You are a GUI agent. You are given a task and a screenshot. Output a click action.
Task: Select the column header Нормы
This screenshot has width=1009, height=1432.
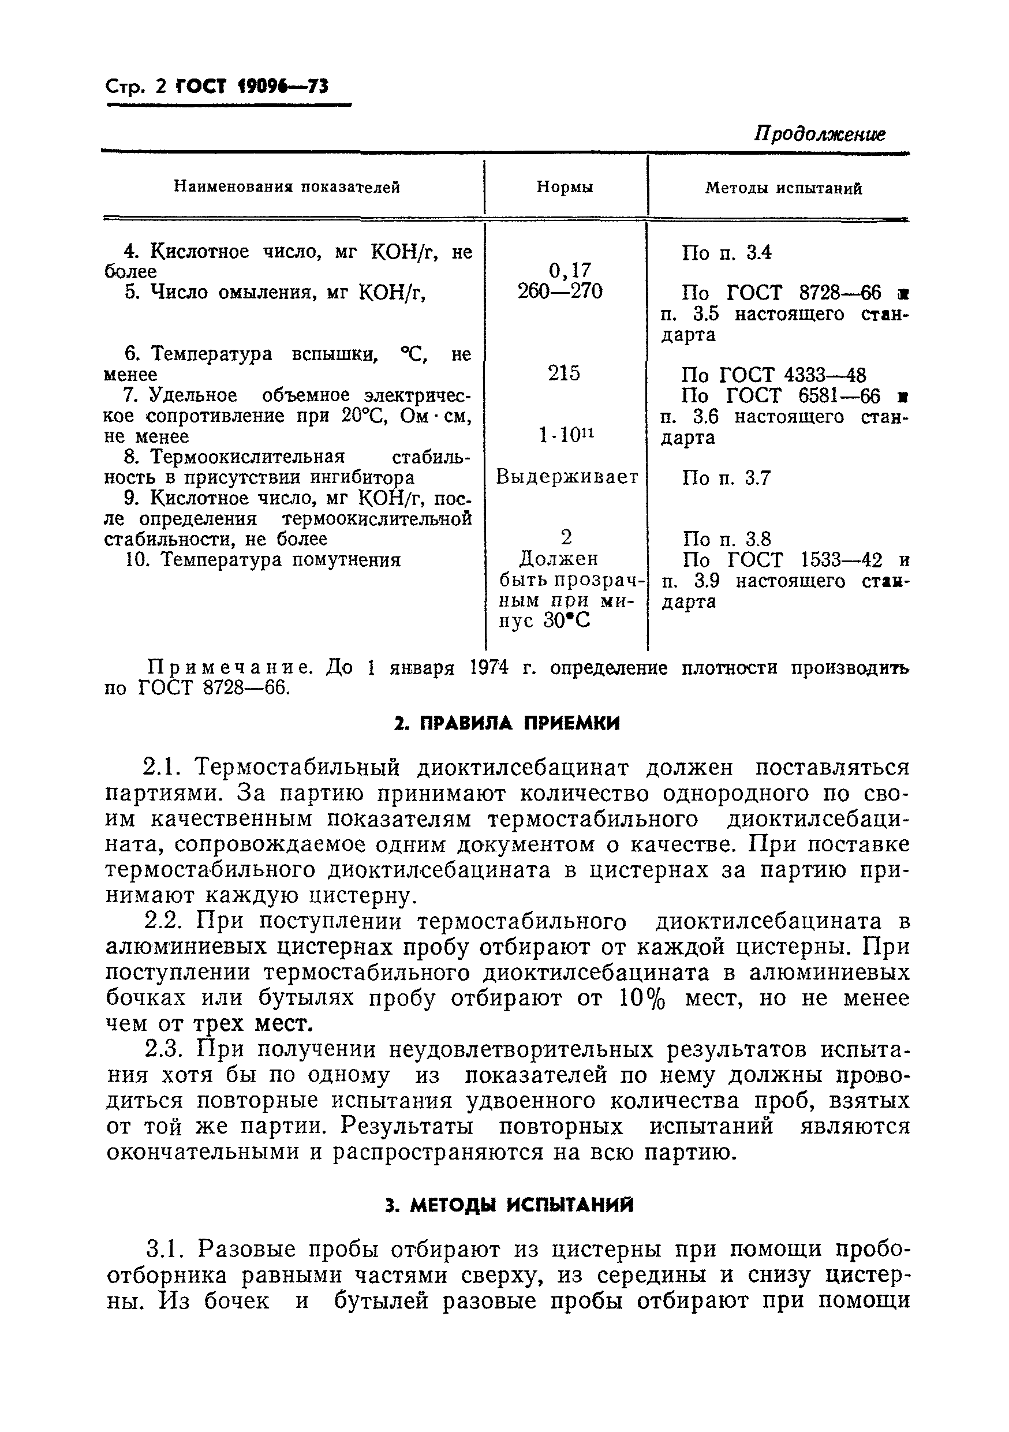point(565,187)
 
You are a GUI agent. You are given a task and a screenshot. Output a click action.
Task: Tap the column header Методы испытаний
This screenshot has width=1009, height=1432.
point(784,188)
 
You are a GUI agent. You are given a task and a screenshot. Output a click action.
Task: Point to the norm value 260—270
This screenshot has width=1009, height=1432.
point(560,291)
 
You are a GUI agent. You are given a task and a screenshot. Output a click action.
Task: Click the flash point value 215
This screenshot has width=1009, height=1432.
point(564,373)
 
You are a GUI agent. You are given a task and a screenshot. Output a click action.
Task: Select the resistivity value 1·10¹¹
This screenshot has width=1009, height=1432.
point(566,435)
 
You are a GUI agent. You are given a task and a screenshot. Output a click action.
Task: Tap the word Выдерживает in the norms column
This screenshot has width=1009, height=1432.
point(567,478)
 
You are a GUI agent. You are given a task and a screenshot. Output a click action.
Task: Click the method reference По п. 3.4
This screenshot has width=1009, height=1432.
point(727,253)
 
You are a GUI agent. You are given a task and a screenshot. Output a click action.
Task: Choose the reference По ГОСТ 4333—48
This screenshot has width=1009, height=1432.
point(773,375)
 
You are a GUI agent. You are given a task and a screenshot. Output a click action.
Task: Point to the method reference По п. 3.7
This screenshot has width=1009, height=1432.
point(727,478)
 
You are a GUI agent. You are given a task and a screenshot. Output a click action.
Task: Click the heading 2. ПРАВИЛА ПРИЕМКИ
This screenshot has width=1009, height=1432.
point(507,723)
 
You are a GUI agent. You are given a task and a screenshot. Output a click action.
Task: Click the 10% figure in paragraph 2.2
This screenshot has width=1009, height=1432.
point(642,998)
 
